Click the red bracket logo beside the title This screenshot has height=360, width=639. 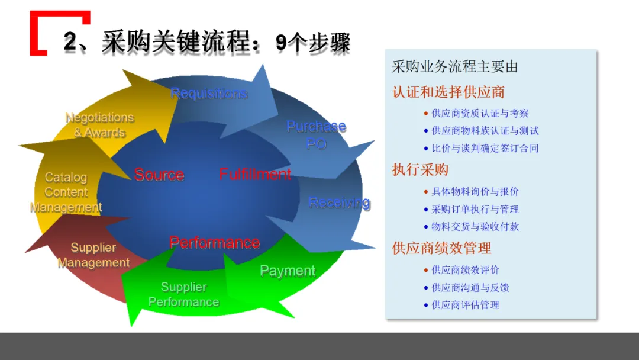[41, 33]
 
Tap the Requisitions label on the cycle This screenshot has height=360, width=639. [208, 94]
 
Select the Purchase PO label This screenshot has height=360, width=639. [316, 135]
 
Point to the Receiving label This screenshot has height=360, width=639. [339, 203]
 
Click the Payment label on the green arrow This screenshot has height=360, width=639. [288, 271]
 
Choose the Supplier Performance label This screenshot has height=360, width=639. [183, 294]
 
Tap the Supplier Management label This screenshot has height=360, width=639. [93, 255]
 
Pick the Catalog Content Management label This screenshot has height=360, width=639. [66, 192]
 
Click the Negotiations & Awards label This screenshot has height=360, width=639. [99, 125]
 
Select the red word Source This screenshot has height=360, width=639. [159, 175]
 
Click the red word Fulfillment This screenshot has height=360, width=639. [255, 174]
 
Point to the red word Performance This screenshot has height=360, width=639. [214, 243]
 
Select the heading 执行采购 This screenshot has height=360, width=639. [420, 170]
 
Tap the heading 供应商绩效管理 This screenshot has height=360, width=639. [441, 248]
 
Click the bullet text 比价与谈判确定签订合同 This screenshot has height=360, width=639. [485, 148]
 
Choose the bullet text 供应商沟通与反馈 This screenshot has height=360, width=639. [470, 288]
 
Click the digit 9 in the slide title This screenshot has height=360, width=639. [282, 43]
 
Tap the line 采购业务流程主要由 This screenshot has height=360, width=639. [454, 67]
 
